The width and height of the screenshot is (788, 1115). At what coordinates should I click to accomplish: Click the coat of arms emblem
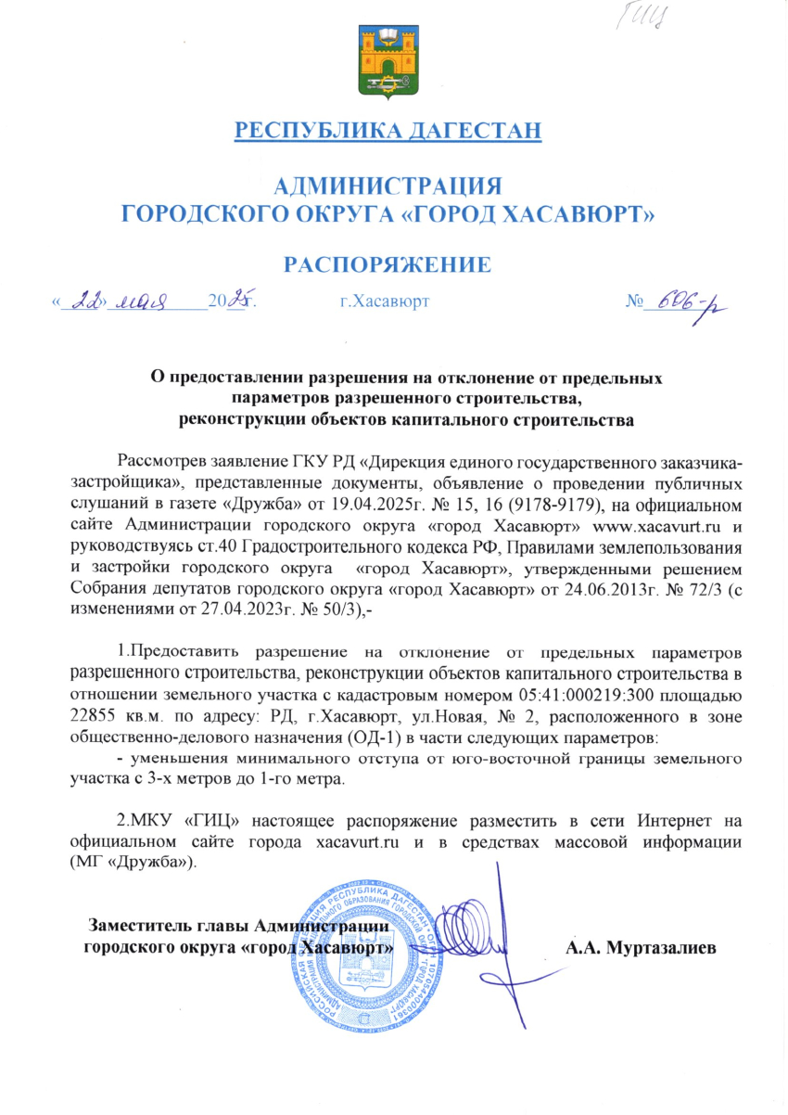[387, 61]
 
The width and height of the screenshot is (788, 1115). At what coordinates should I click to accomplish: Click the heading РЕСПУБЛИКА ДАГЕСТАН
[388, 131]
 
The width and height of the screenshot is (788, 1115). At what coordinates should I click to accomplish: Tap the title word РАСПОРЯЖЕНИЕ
[387, 265]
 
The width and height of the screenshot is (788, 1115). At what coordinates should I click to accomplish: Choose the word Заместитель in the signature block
[140, 925]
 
